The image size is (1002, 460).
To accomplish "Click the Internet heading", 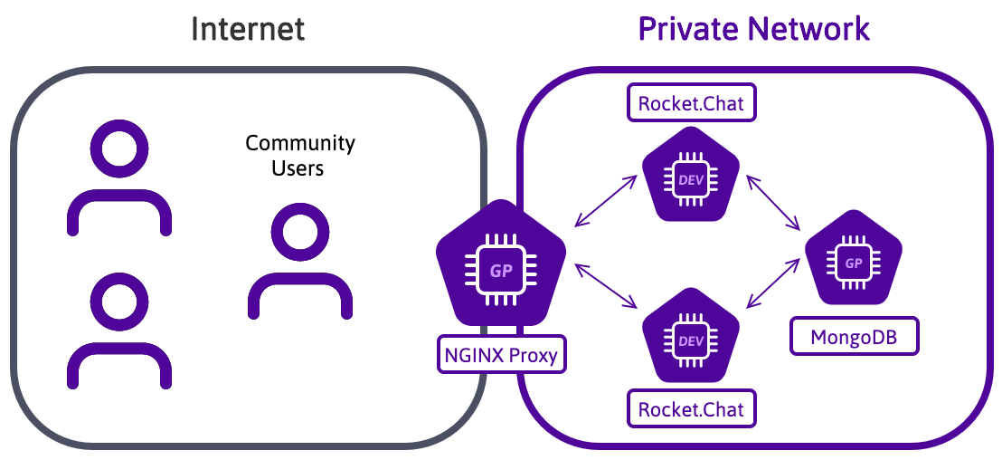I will [x=248, y=28].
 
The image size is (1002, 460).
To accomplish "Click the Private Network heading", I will [x=754, y=28].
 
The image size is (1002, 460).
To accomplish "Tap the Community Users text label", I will [x=300, y=156].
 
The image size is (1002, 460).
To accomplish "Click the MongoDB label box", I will [x=854, y=338].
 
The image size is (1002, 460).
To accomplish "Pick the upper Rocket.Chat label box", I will [x=691, y=103].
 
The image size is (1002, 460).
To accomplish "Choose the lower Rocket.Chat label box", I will [x=691, y=409].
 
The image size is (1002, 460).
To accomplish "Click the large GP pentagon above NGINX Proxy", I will [x=500, y=268].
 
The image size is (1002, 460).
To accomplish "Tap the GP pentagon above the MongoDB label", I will [x=853, y=262].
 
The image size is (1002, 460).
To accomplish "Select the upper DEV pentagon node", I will [x=690, y=179].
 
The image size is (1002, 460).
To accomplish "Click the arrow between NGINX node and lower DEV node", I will [x=606, y=286].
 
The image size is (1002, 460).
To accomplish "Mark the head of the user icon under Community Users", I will [x=299, y=232].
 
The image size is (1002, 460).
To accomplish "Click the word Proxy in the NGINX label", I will [x=534, y=355].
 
